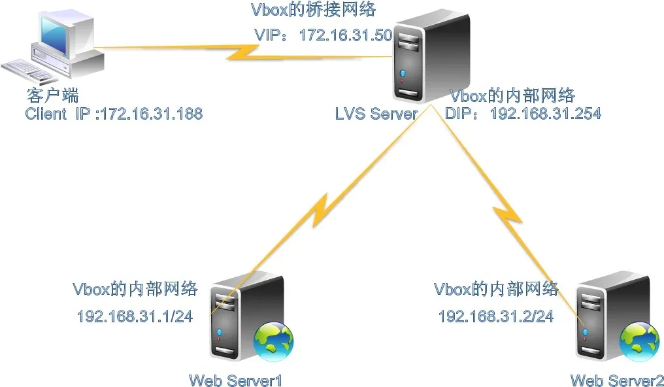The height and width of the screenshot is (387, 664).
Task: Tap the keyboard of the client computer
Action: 28,71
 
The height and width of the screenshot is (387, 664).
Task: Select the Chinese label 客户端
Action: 52,95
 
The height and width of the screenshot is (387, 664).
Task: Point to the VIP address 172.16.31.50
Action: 346,35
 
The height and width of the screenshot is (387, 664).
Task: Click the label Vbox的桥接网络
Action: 313,9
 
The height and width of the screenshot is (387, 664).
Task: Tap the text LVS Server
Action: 376,114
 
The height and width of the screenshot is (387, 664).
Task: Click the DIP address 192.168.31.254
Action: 546,113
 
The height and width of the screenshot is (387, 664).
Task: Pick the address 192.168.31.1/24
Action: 135,316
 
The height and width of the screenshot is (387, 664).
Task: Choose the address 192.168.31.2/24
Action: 496,316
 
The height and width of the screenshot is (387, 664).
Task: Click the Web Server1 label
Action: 235,380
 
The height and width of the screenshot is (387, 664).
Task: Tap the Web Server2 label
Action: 617,380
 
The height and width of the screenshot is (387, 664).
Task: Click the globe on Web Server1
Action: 274,342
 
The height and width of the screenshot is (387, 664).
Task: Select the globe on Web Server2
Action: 639,342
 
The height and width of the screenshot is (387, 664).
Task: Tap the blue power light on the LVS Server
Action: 403,73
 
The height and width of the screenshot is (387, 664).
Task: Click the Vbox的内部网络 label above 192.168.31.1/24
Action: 135,289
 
